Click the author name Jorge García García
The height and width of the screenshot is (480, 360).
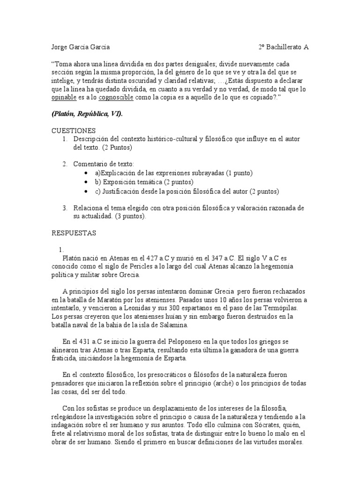click(80, 47)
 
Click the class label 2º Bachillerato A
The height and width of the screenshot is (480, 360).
click(284, 47)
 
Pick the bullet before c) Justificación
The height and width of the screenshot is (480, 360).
click(87, 191)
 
